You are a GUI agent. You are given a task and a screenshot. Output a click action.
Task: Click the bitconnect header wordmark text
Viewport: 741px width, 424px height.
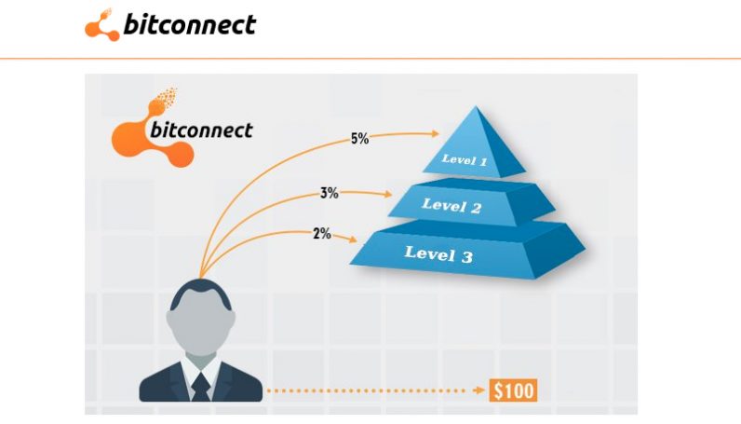pyautogui.click(x=189, y=25)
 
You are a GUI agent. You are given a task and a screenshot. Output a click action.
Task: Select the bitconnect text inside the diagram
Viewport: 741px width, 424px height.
pyautogui.click(x=200, y=130)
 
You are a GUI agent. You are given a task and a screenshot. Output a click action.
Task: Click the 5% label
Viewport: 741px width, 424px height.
pyautogui.click(x=359, y=139)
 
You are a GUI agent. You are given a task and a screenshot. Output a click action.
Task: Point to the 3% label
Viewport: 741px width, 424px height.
pyautogui.click(x=329, y=194)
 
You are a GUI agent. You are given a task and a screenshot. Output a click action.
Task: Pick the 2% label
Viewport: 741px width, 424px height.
pyautogui.click(x=322, y=234)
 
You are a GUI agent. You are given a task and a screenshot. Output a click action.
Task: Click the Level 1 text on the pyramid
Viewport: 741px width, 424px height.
pyautogui.click(x=465, y=160)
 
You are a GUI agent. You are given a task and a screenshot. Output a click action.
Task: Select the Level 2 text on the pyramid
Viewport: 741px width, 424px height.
pyautogui.click(x=451, y=205)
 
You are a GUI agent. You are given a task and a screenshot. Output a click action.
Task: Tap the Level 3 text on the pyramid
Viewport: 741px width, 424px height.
pyautogui.click(x=438, y=252)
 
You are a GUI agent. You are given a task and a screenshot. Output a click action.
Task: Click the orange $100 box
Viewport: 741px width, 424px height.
pyautogui.click(x=514, y=390)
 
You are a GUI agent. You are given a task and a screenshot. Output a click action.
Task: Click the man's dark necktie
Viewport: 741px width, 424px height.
pyautogui.click(x=200, y=384)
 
